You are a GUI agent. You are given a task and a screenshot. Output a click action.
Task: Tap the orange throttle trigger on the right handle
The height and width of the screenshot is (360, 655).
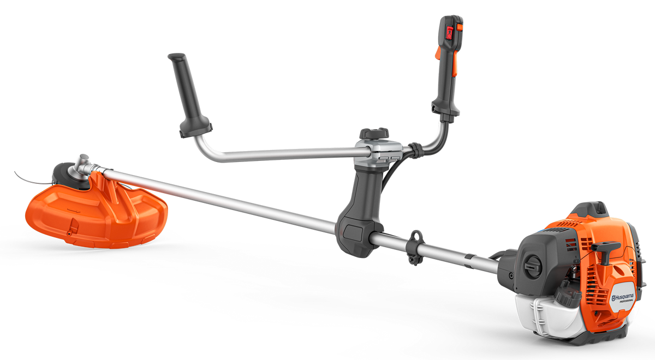[437, 61]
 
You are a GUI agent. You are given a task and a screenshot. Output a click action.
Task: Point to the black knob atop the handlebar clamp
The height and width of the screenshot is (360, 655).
[374, 133]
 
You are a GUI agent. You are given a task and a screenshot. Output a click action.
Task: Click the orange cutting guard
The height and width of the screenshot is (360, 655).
[87, 213]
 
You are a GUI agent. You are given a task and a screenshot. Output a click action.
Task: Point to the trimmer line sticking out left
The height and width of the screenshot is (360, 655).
[25, 176]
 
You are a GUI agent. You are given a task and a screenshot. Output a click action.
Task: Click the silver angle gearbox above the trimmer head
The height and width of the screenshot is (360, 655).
[84, 162]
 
